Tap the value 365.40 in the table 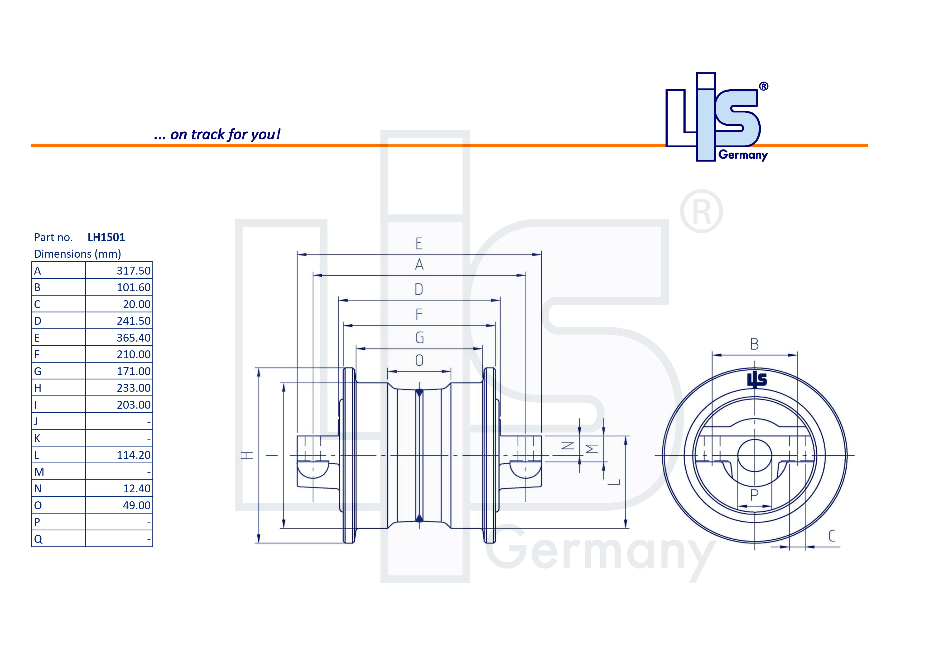click(x=133, y=338)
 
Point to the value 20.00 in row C click(x=137, y=304)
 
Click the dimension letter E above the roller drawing click(x=419, y=244)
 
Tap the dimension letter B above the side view click(x=754, y=344)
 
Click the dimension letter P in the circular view click(x=754, y=494)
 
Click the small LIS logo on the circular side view click(x=757, y=380)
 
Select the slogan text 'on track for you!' click(x=225, y=134)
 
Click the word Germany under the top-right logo click(x=743, y=155)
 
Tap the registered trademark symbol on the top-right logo click(x=763, y=86)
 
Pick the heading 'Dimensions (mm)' click(x=77, y=254)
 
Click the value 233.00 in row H click(x=133, y=388)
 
